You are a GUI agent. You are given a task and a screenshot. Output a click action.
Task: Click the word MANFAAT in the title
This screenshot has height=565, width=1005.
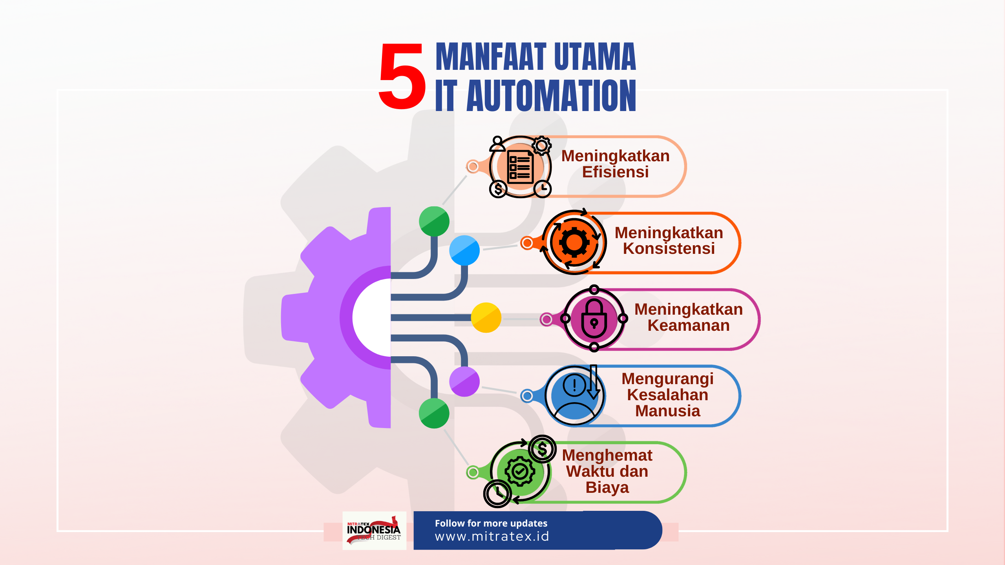(x=491, y=57)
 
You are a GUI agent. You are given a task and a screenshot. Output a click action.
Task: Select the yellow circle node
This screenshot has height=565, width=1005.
(x=486, y=318)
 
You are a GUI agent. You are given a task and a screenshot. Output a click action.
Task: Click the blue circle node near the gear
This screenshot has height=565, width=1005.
(x=464, y=250)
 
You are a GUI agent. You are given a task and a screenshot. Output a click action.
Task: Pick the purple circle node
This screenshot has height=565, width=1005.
(x=464, y=381)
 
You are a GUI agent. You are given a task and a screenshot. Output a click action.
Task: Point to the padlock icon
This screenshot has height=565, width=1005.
(x=594, y=318)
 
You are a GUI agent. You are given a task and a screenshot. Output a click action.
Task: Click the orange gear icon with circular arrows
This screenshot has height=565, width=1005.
(x=574, y=242)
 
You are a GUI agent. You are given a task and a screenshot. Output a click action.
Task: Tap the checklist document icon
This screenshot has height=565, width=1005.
(x=520, y=167)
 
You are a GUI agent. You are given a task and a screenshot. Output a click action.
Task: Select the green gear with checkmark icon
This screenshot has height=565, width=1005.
(x=520, y=471)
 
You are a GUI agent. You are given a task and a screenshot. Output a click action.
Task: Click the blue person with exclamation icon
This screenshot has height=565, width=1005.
(x=574, y=396)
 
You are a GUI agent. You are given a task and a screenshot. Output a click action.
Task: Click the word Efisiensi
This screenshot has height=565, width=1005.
(x=615, y=172)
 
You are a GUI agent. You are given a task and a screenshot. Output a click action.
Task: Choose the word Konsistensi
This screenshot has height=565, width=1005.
(x=669, y=249)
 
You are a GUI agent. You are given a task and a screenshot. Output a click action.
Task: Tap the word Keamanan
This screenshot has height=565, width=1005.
(x=689, y=326)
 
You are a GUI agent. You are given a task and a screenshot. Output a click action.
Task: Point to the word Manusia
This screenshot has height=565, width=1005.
(x=667, y=411)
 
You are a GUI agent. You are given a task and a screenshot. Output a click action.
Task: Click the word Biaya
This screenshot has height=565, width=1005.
(x=607, y=488)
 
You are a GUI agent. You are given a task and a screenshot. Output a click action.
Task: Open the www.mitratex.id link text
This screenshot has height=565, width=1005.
(x=492, y=536)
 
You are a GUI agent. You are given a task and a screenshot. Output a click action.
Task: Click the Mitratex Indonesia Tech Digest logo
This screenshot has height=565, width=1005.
(x=374, y=530)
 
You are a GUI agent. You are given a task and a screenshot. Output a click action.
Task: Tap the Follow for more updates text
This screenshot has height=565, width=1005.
(x=491, y=523)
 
